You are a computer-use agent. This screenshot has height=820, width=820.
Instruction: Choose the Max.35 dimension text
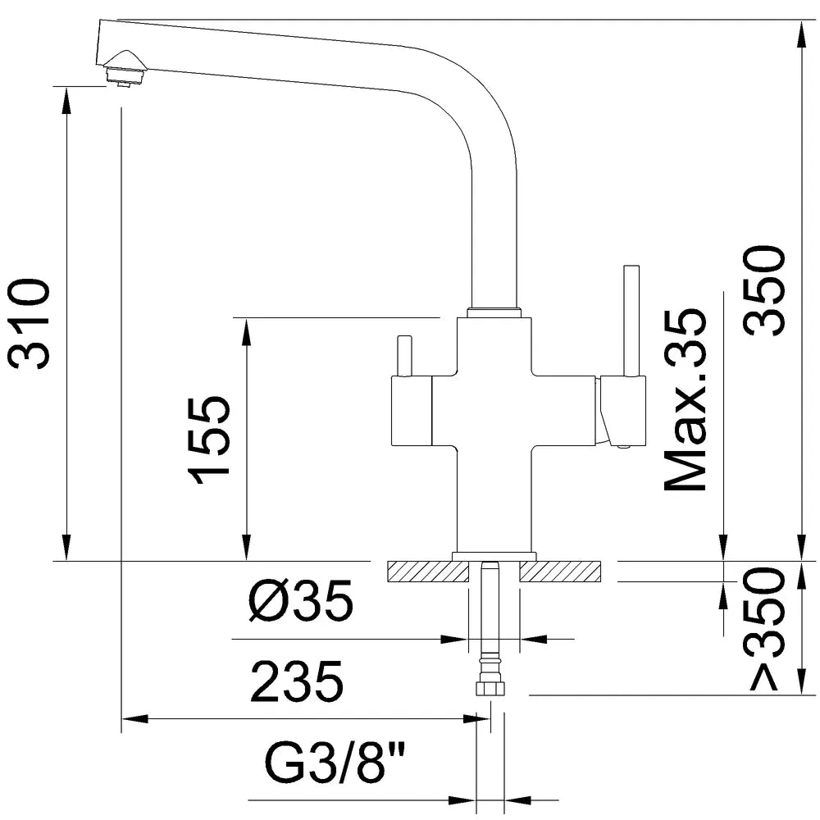coord(686,401)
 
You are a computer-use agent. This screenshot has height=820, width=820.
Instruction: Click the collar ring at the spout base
coord(494,312)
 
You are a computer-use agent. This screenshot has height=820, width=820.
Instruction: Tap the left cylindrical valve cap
coord(411,410)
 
